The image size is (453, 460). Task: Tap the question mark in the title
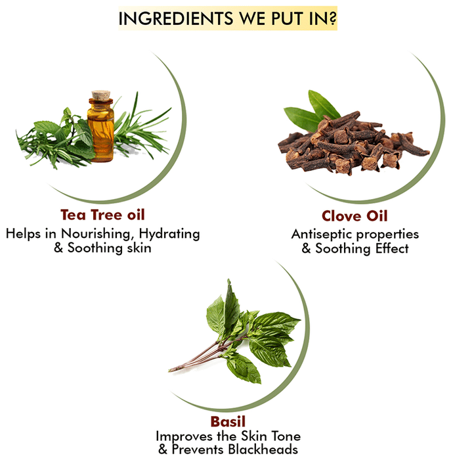pyautogui.click(x=332, y=18)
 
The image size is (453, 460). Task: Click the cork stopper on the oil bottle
pyautogui.click(x=101, y=95)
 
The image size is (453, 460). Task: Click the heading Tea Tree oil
pyautogui.click(x=102, y=215)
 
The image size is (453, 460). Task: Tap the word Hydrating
pyautogui.click(x=169, y=235)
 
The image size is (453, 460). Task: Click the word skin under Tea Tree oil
pyautogui.click(x=139, y=248)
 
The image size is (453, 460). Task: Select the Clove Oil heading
pyautogui.click(x=355, y=216)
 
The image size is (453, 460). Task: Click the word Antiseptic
pyautogui.click(x=322, y=234)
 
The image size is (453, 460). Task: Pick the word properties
pyautogui.click(x=387, y=235)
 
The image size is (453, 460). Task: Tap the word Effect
pyautogui.click(x=392, y=248)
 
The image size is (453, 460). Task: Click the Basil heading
pyautogui.click(x=228, y=422)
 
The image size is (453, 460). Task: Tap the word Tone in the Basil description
pyautogui.click(x=286, y=436)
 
